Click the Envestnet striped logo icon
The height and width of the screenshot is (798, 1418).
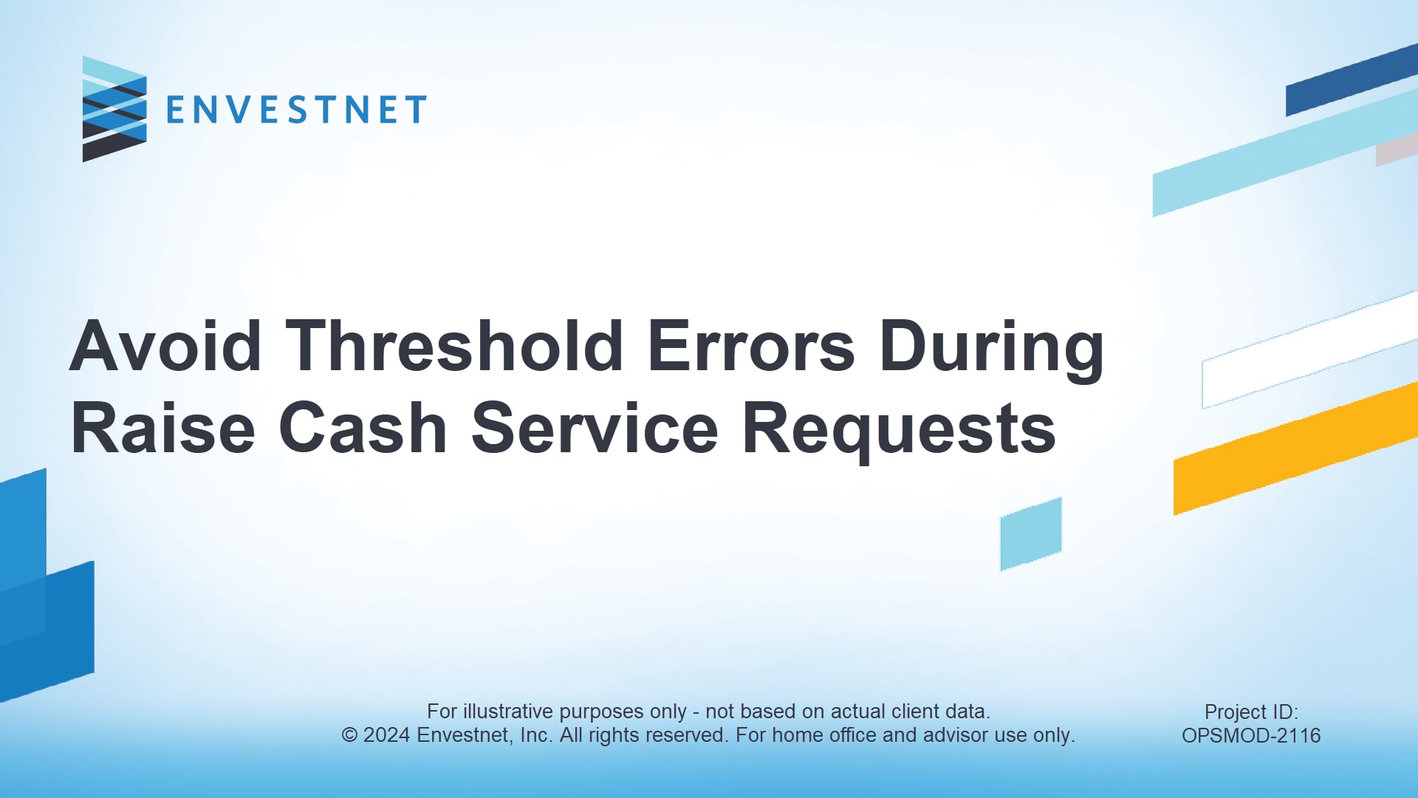(x=114, y=109)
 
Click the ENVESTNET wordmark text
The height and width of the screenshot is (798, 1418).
(x=296, y=110)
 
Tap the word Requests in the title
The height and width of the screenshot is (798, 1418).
(x=900, y=431)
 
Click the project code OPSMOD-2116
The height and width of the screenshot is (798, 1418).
(x=1251, y=735)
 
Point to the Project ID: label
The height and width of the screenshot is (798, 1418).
(x=1251, y=712)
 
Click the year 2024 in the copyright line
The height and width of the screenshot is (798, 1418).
(x=387, y=735)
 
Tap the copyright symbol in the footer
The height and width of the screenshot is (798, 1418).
(x=349, y=735)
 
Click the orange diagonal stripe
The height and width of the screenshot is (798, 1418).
(x=1295, y=449)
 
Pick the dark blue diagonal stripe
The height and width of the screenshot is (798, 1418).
(x=1352, y=80)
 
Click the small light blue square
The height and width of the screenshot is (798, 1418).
(x=1031, y=533)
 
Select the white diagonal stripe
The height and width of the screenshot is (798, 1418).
(x=1310, y=350)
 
